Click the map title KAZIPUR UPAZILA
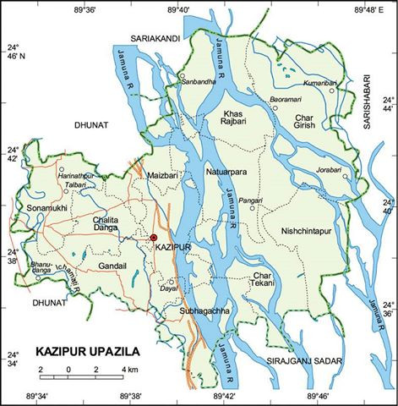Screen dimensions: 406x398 tap(87, 349)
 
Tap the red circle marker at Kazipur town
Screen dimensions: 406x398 tap(154, 239)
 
